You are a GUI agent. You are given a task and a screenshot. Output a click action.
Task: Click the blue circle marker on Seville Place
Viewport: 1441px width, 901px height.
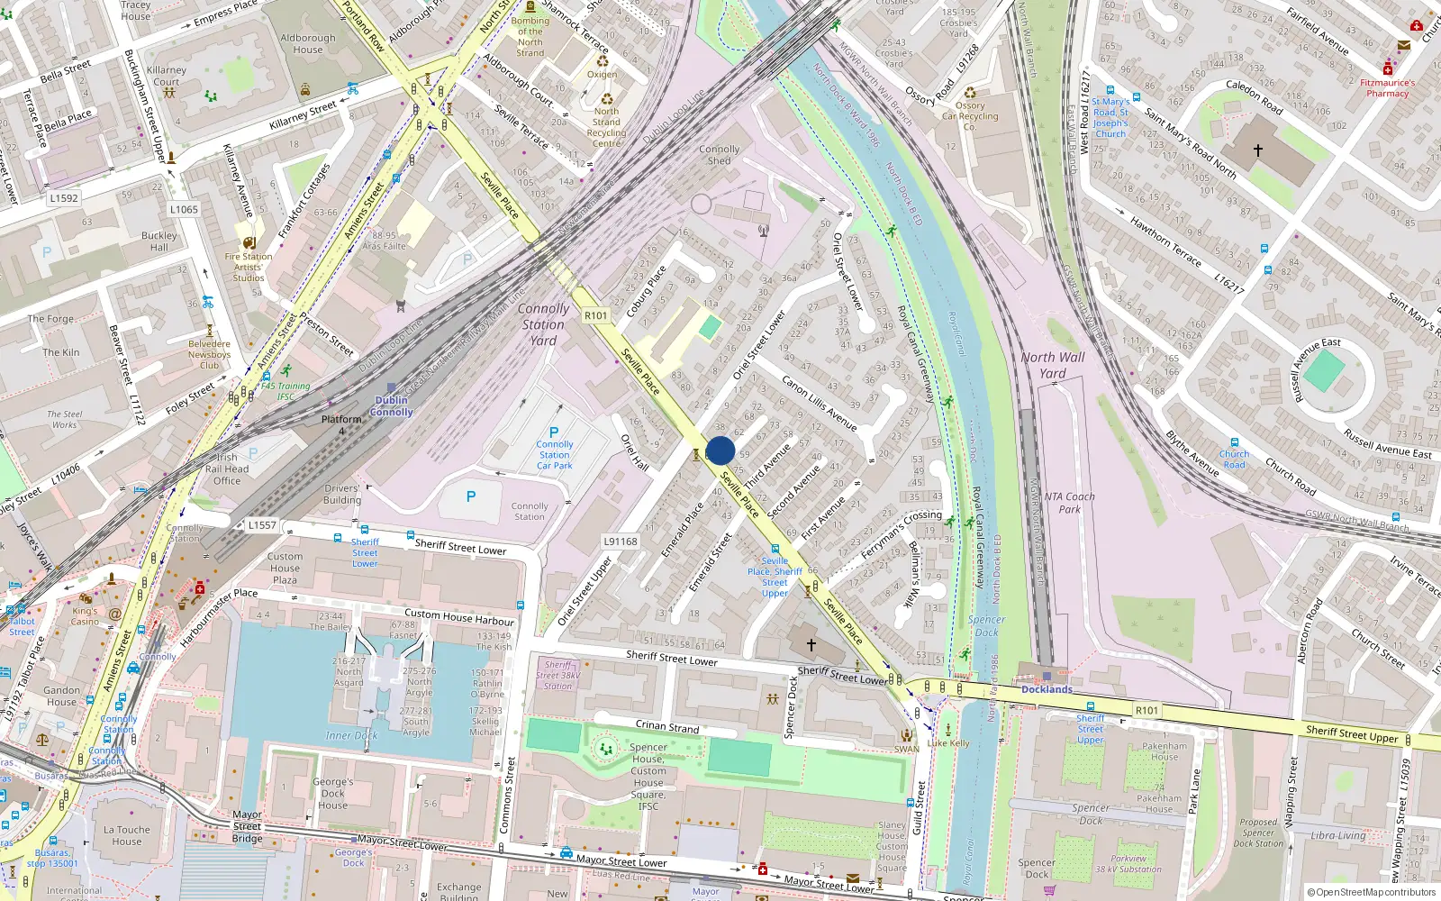(720, 450)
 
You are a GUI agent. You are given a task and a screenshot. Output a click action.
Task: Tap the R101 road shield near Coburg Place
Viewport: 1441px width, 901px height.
(596, 315)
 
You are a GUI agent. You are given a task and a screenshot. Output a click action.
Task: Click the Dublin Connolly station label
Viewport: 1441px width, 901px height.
(391, 406)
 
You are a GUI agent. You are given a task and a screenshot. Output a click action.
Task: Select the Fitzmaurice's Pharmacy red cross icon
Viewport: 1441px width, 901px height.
(1388, 69)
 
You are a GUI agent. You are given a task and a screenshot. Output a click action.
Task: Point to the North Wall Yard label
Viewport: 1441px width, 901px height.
(1053, 365)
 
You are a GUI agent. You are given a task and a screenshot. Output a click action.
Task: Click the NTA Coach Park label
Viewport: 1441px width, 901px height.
(1069, 503)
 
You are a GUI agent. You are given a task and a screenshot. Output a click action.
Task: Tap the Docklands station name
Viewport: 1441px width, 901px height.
(1047, 689)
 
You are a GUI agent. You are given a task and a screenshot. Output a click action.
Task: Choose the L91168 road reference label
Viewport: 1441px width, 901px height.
(621, 542)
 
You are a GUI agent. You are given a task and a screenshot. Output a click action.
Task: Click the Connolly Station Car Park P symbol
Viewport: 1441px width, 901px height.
(554, 432)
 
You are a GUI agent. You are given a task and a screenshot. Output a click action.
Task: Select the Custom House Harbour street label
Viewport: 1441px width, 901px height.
(459, 617)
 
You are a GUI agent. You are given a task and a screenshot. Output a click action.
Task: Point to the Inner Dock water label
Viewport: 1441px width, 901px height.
(351, 735)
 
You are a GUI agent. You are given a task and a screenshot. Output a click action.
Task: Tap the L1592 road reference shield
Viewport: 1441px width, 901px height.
(64, 198)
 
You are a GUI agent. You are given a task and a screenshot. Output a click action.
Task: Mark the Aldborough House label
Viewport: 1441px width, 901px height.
(308, 44)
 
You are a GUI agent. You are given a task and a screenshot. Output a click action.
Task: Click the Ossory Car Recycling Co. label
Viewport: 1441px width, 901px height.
(970, 116)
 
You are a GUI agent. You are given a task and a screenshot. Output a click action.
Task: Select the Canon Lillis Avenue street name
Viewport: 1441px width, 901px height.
(819, 403)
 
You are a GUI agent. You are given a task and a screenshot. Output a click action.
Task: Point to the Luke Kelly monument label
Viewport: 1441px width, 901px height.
(948, 743)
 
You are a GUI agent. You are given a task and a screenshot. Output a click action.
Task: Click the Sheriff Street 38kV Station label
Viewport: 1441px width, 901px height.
(558, 676)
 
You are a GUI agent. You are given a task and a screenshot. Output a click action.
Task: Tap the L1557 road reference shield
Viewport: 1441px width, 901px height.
(262, 525)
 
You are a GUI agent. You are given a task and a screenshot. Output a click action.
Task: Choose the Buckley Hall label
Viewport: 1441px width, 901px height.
(159, 241)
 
